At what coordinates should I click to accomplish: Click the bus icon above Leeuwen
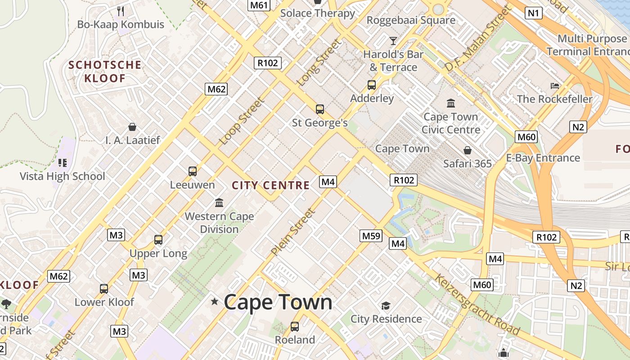(193, 171)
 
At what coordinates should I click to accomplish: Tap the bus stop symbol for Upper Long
(158, 240)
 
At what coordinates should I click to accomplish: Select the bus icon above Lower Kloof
(104, 289)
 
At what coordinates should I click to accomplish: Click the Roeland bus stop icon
(295, 327)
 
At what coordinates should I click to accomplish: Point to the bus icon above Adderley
(372, 85)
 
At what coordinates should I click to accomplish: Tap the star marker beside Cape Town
(215, 301)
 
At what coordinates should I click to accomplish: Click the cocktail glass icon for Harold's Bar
(393, 41)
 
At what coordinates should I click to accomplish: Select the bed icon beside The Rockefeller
(555, 85)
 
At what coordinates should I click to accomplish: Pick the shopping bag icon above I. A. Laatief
(132, 127)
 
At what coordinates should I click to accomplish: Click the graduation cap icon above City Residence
(386, 306)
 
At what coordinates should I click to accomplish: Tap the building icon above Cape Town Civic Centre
(451, 103)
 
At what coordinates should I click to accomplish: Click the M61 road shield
(259, 5)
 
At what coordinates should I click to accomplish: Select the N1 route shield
(533, 13)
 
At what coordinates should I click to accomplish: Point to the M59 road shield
(371, 235)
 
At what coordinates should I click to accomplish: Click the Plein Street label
(292, 232)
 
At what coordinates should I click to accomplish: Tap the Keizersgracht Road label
(477, 305)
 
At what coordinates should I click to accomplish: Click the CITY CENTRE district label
(270, 185)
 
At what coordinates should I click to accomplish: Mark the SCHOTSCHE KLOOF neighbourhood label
(104, 72)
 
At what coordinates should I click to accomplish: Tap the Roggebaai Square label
(411, 20)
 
